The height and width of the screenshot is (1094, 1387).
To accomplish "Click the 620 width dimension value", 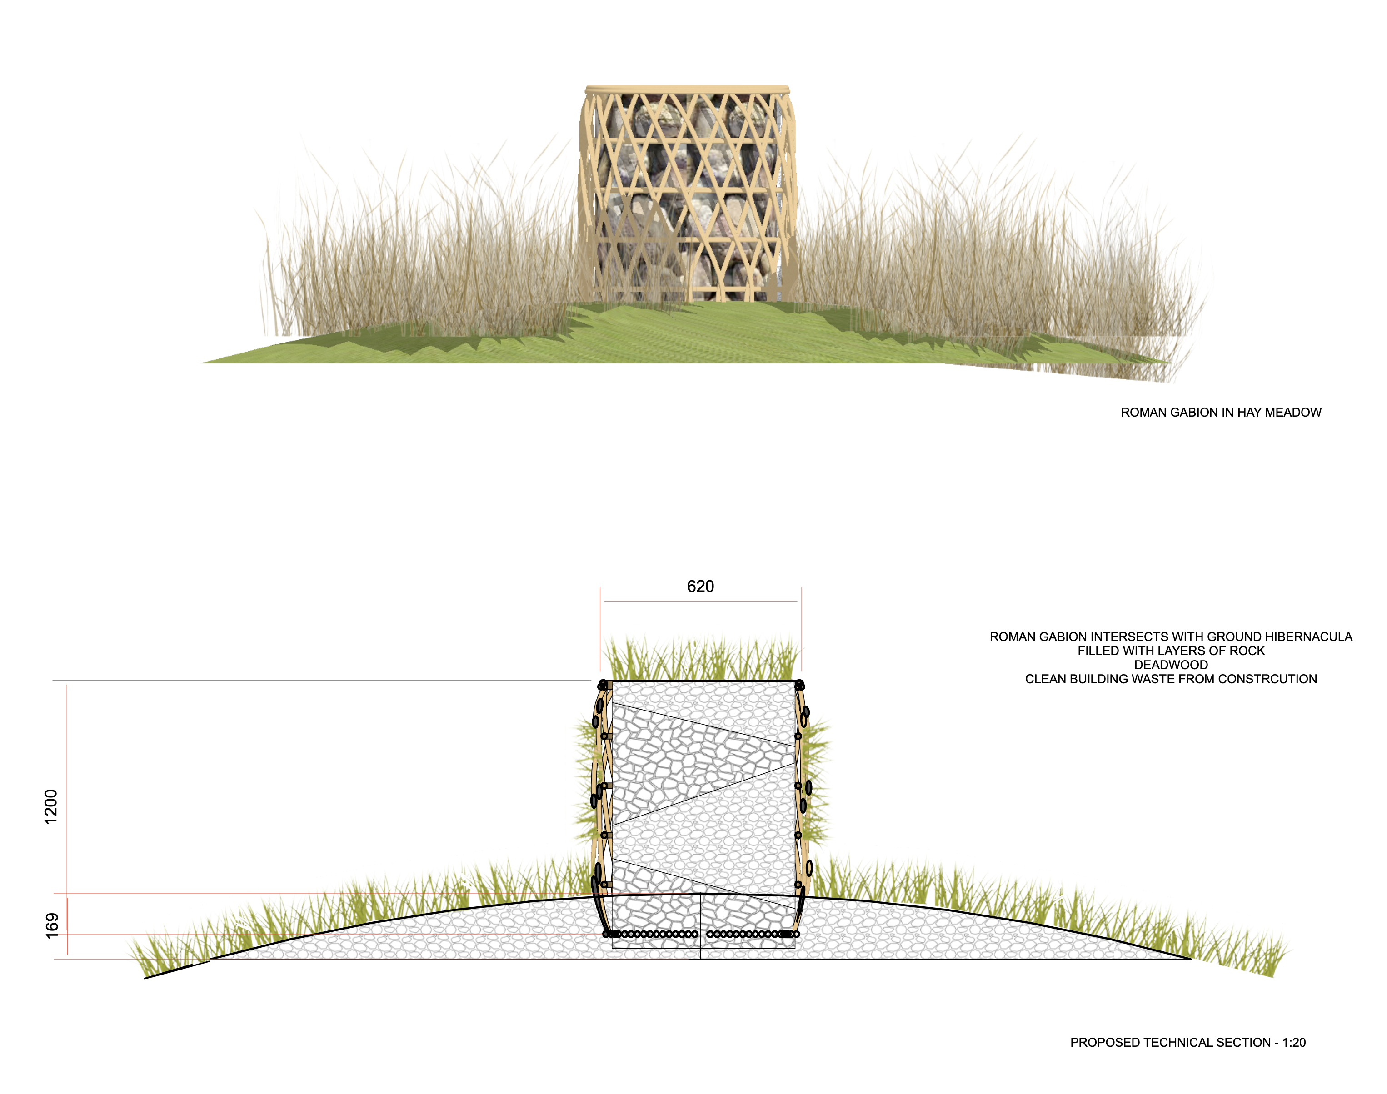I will (x=700, y=587).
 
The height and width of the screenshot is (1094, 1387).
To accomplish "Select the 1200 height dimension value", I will (x=50, y=806).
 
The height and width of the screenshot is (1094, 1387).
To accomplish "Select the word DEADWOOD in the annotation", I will (x=1171, y=665).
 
